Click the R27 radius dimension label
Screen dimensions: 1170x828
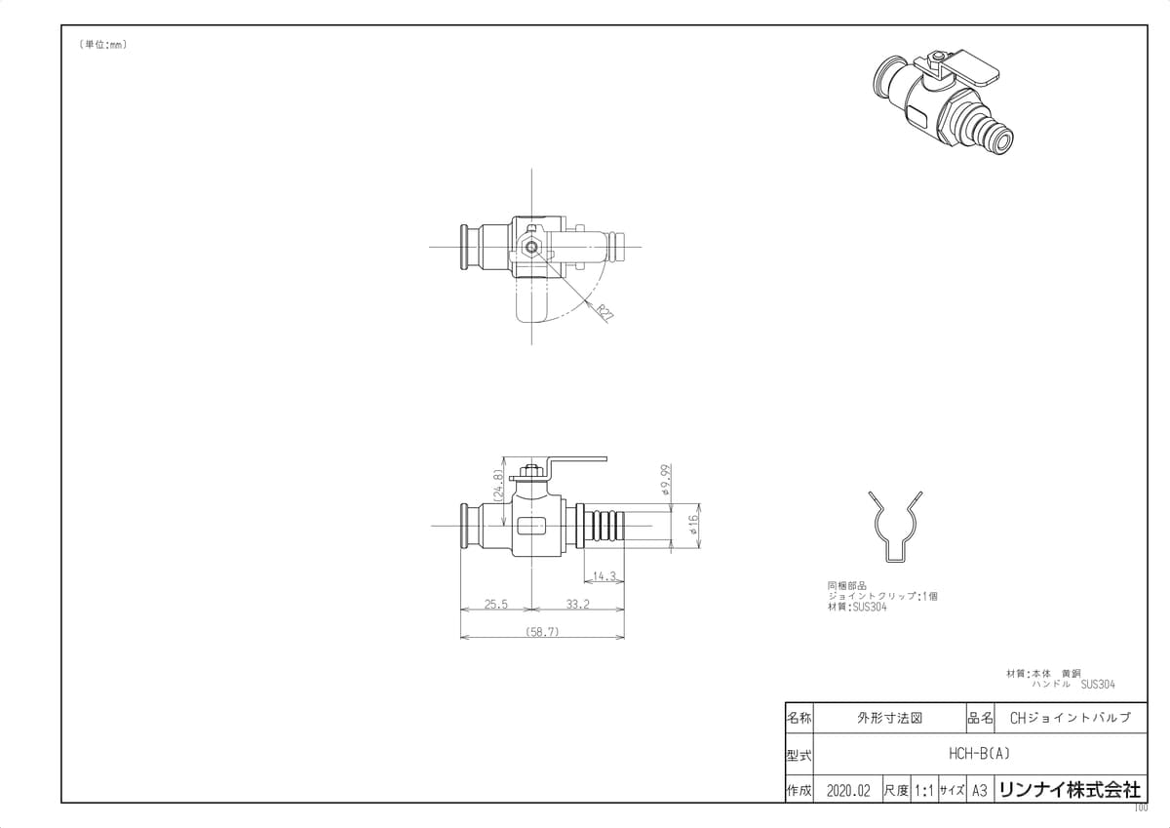click(x=605, y=312)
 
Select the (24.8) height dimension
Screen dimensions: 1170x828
click(x=498, y=486)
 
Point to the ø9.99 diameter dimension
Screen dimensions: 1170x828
click(x=665, y=480)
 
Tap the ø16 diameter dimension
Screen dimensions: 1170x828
click(x=693, y=524)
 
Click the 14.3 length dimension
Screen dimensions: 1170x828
click(x=604, y=576)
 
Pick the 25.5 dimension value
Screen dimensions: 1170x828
click(x=495, y=605)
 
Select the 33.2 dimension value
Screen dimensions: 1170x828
click(x=577, y=605)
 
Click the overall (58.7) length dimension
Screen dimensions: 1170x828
click(x=542, y=632)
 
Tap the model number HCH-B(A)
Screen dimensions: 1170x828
click(x=979, y=753)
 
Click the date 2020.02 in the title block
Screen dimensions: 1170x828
click(x=848, y=792)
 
